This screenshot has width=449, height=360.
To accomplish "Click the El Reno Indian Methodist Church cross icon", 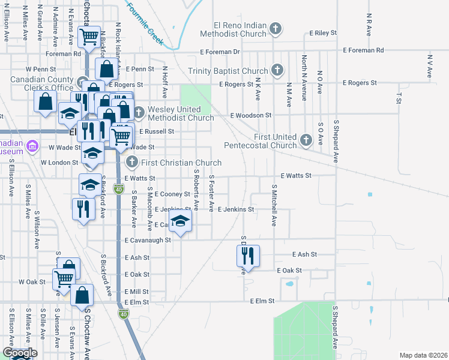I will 276,28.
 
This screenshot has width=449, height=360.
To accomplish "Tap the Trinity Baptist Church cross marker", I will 277,70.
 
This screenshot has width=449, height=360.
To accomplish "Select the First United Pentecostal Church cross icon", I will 306,140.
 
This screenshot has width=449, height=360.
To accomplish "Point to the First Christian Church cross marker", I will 132,162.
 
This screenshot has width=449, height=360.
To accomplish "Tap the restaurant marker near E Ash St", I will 248,256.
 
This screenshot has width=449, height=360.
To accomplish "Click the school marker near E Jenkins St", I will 180,223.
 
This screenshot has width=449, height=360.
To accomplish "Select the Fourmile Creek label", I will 145,22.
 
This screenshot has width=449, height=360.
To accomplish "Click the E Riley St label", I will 324,34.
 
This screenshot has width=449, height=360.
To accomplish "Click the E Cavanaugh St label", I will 148,239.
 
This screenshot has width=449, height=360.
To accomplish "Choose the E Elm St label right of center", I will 262,300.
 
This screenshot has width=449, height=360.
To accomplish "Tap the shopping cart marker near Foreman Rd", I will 89,37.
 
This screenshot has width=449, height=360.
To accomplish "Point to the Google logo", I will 20,353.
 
